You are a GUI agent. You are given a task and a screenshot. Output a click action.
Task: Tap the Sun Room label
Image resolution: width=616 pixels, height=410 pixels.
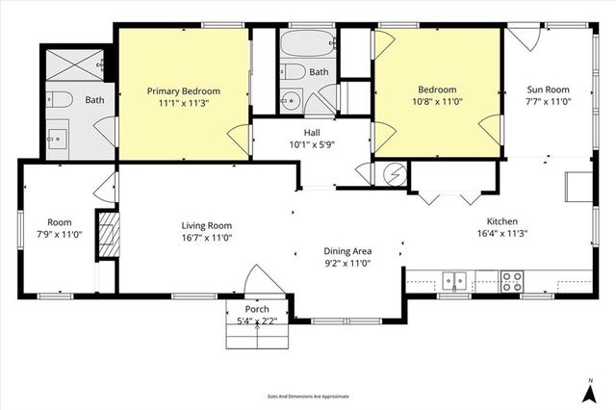[x=548, y=90]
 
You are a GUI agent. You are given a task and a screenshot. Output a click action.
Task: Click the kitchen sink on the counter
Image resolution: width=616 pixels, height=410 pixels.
[x=454, y=281]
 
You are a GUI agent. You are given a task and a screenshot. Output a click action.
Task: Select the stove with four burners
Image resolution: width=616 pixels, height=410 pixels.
[x=511, y=281]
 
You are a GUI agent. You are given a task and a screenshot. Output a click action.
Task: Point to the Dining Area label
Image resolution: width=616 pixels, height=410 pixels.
[x=347, y=251]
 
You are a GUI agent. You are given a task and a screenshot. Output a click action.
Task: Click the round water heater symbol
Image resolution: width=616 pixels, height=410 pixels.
[x=393, y=173]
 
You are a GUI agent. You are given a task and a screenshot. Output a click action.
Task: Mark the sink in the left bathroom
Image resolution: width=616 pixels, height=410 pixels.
[x=58, y=138]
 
